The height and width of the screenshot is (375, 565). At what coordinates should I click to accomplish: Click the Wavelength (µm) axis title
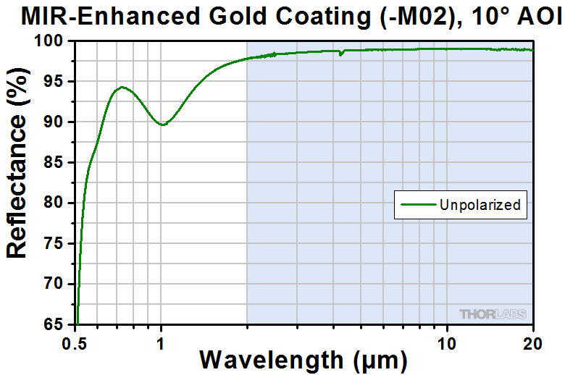click(x=304, y=360)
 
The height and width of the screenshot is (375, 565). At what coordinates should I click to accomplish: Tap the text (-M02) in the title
click(x=410, y=17)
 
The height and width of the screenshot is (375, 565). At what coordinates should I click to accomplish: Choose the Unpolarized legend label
click(x=480, y=205)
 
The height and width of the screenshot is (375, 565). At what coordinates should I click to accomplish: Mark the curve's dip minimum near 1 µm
click(x=163, y=125)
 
